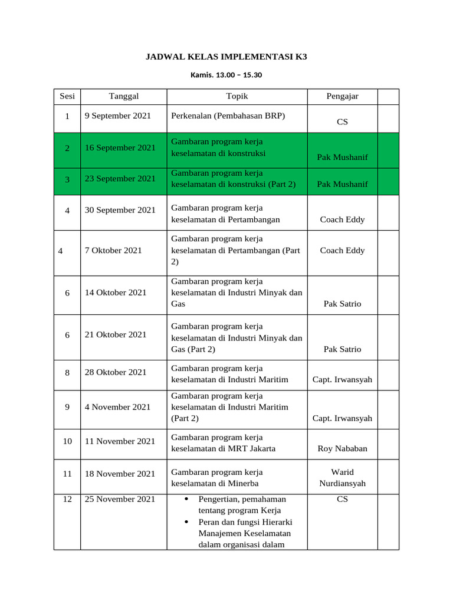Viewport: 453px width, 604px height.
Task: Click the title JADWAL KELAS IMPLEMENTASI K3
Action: pos(226,57)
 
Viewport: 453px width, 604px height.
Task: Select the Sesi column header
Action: pos(67,96)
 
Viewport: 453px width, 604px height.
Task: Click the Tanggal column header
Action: pos(124,96)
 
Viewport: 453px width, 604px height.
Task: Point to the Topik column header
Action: pos(237,96)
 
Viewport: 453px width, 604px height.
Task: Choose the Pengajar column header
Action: pos(342,96)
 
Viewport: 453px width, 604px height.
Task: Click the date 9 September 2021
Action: pos(118,116)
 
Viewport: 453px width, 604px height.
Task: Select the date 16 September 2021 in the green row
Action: pos(120,147)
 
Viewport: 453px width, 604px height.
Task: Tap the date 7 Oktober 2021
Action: pos(113,250)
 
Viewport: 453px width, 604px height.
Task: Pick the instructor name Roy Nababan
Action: pos(342,448)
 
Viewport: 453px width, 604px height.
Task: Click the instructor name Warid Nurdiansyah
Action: pos(342,478)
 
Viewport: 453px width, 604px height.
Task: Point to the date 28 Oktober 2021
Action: pos(116,372)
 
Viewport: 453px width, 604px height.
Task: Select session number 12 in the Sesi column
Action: pos(67,499)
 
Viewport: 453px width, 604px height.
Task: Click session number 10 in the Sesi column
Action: pos(67,441)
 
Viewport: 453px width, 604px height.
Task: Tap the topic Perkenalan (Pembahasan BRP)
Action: pos(228,116)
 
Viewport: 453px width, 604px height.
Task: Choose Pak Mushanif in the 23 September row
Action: pos(342,184)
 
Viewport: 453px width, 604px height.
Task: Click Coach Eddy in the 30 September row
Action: pos(342,219)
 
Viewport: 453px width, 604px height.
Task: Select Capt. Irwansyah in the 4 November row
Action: pos(342,418)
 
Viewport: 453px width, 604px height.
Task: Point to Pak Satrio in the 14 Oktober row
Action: pos(342,304)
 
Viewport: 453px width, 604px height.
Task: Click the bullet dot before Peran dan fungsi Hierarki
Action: pos(186,522)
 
